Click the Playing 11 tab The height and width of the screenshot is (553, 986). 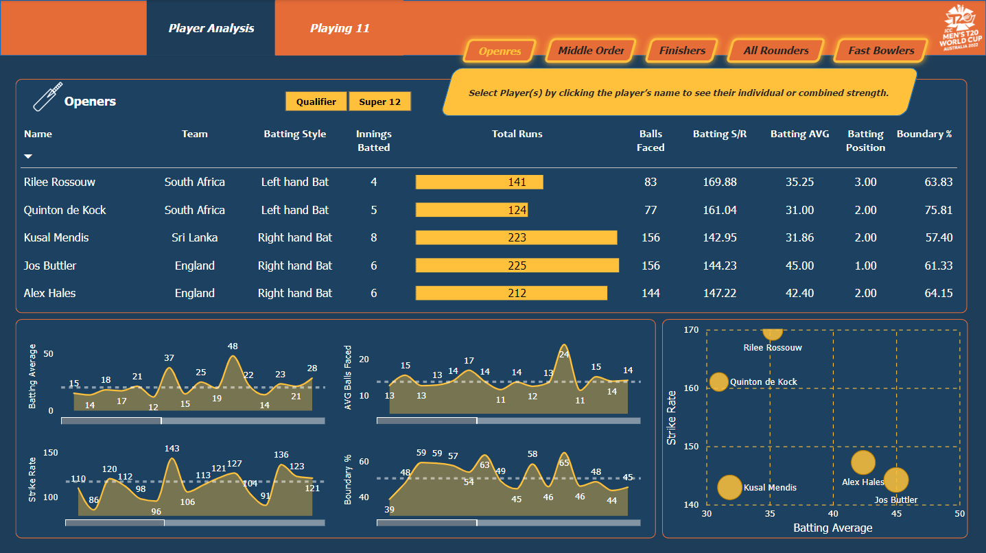340,28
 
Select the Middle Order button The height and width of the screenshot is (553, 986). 591,51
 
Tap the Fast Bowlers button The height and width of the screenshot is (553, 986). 881,51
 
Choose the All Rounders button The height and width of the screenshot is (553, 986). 775,51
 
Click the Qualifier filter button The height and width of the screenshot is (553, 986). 316,102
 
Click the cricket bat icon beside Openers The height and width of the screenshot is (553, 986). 47,97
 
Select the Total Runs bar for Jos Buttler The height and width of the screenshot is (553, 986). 517,266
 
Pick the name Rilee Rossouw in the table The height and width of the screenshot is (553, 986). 60,182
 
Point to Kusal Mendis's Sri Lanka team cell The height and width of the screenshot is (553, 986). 194,237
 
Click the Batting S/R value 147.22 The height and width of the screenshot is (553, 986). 720,293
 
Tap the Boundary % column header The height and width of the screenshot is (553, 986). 924,134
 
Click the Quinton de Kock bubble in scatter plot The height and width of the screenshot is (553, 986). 718,381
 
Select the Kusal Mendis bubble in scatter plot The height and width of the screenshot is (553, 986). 729,487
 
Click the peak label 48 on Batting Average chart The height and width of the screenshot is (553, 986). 233,346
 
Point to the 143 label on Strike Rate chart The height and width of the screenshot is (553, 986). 172,449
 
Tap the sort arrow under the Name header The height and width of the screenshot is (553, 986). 28,156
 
